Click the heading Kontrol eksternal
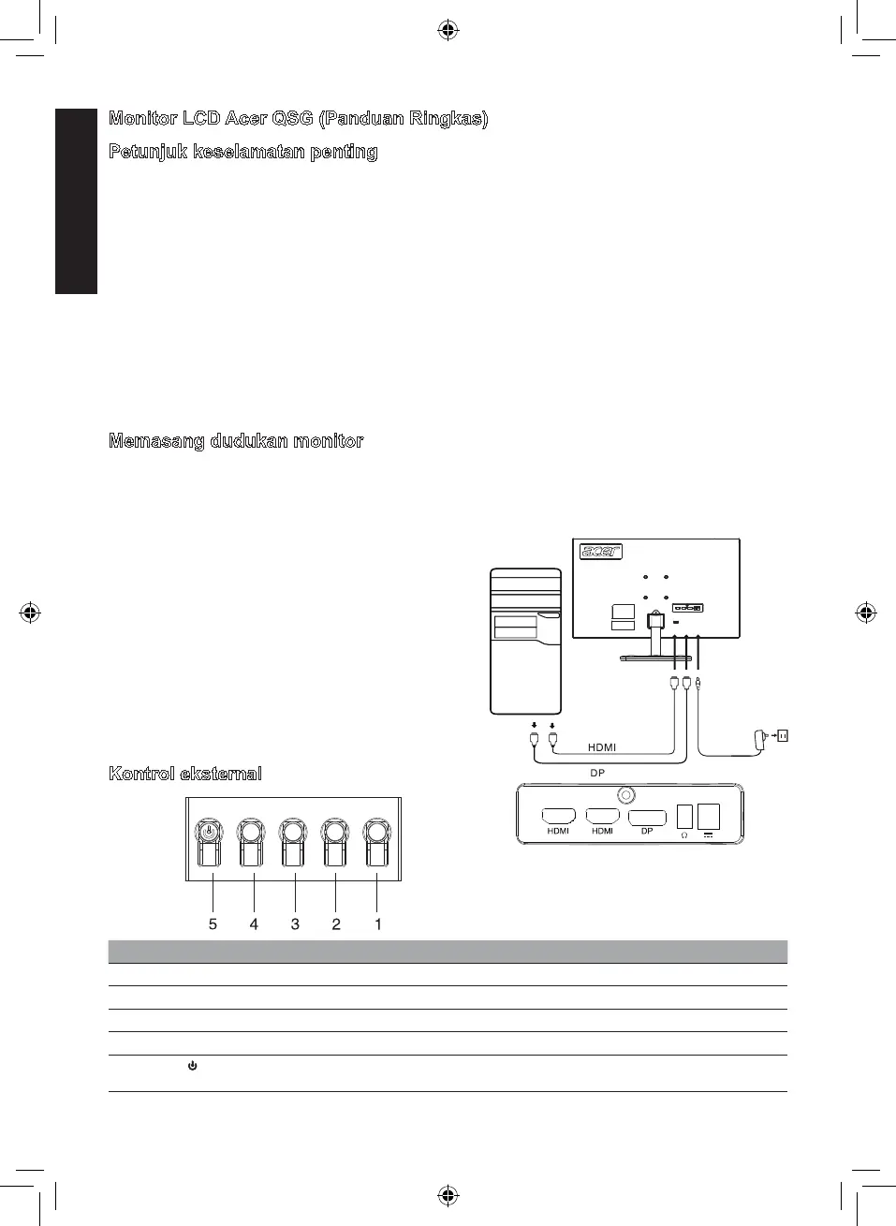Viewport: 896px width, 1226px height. click(x=185, y=774)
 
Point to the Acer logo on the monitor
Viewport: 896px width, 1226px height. click(x=601, y=552)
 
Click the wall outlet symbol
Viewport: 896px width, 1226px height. click(x=783, y=736)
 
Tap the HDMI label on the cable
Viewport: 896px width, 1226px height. click(x=602, y=747)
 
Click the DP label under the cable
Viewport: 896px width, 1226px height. click(x=597, y=774)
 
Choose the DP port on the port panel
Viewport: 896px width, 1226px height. click(x=647, y=817)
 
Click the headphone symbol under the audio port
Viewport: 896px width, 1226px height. click(x=684, y=835)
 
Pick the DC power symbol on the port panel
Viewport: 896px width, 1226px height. click(x=708, y=835)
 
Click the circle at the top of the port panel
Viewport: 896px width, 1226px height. click(x=625, y=794)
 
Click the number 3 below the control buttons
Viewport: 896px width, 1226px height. click(x=295, y=924)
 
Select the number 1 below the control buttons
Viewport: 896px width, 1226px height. click(x=378, y=924)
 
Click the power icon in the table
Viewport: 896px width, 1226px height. click(x=192, y=1067)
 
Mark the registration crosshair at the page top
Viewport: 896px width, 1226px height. click(x=448, y=31)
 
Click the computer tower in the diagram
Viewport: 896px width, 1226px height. click(x=526, y=642)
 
